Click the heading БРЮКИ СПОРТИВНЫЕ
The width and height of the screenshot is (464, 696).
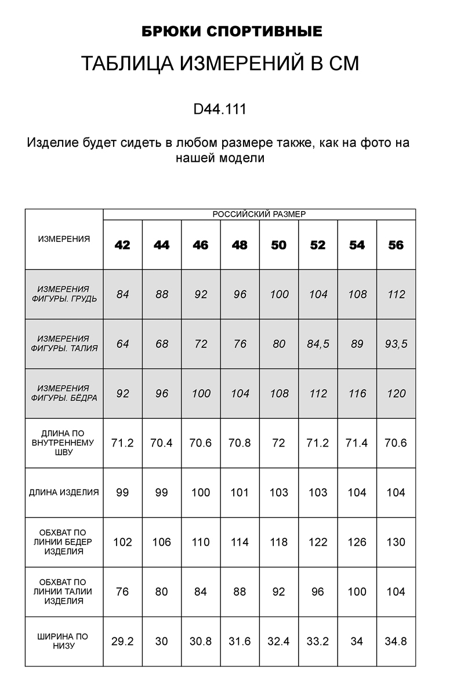pyautogui.click(x=232, y=31)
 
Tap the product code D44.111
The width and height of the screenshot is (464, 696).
pyautogui.click(x=220, y=109)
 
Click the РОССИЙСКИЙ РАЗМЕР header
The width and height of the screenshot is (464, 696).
pyautogui.click(x=259, y=214)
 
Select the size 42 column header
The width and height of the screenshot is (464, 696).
pyautogui.click(x=122, y=245)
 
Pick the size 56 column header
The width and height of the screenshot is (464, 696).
pyautogui.click(x=396, y=245)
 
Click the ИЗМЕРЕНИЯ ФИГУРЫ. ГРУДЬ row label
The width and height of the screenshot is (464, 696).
pyautogui.click(x=64, y=294)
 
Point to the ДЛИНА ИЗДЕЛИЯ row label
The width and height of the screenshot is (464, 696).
pyautogui.click(x=64, y=492)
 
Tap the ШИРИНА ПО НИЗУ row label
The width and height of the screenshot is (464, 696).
pyautogui.click(x=64, y=641)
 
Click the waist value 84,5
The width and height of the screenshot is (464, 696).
pyautogui.click(x=318, y=344)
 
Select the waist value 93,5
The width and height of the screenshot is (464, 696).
pyautogui.click(x=396, y=344)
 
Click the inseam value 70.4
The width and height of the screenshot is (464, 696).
pyautogui.click(x=161, y=443)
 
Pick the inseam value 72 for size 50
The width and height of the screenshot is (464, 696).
pyautogui.click(x=279, y=443)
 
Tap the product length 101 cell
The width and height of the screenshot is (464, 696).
pyautogui.click(x=240, y=492)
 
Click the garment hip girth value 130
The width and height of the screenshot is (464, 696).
pyautogui.click(x=396, y=542)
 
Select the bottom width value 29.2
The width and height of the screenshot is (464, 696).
pyautogui.click(x=122, y=641)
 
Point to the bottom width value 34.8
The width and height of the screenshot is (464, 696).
pyautogui.click(x=396, y=641)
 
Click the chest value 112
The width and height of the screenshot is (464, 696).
pyautogui.click(x=396, y=294)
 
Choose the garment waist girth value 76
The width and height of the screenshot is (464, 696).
pyautogui.click(x=122, y=592)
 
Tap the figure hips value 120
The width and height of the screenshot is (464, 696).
pyautogui.click(x=396, y=394)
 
